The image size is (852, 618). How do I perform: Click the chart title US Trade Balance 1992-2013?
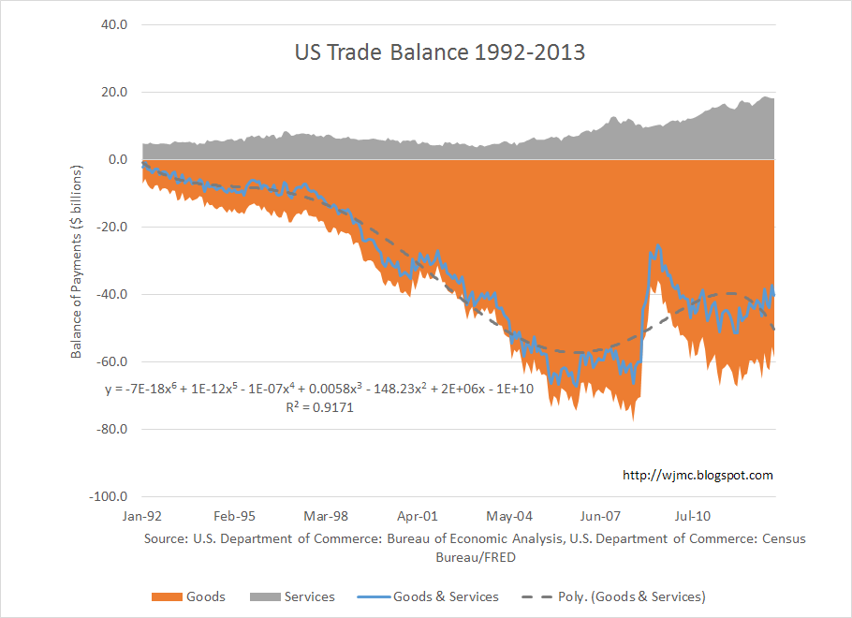click(438, 52)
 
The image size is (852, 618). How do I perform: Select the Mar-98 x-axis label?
click(326, 516)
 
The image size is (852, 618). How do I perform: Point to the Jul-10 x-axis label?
click(693, 516)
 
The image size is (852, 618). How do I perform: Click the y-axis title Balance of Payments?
click(77, 262)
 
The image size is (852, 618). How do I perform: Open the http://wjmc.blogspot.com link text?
click(698, 476)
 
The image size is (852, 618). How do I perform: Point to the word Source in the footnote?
click(166, 539)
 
